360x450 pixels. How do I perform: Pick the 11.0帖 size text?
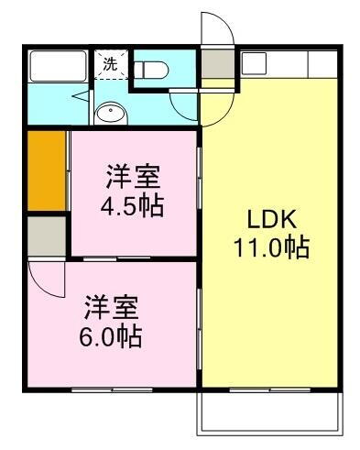[270, 247]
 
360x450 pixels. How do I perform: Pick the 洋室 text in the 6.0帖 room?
[109, 306]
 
